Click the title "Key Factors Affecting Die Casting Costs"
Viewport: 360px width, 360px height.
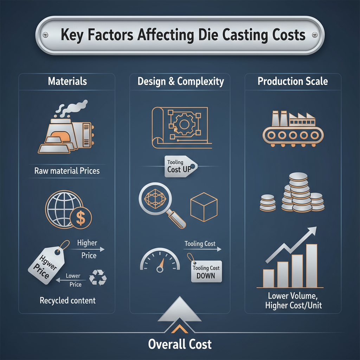click(180, 36)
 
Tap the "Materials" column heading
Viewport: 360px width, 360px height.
click(67, 82)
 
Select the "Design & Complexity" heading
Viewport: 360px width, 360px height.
click(181, 82)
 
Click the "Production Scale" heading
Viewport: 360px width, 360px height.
click(292, 82)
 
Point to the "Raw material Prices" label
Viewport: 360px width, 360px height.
click(67, 171)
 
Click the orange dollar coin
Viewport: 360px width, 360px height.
click(81, 218)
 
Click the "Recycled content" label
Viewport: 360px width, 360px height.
click(67, 301)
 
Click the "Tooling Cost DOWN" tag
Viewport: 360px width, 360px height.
click(206, 272)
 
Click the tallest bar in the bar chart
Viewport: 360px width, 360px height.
click(311, 265)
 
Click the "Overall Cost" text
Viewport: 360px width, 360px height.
click(180, 343)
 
